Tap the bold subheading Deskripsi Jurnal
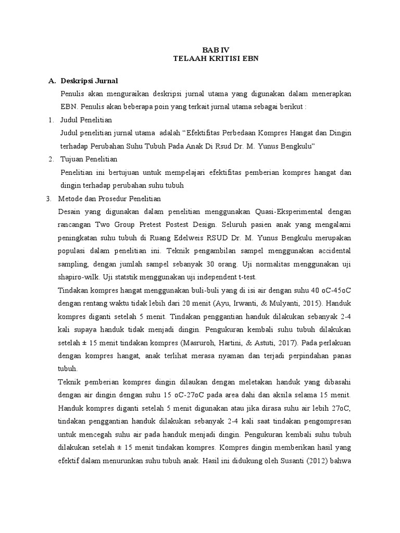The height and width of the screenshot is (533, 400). click(x=89, y=81)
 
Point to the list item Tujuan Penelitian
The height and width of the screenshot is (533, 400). click(x=89, y=159)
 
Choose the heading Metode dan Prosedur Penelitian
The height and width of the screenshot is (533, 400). click(x=111, y=198)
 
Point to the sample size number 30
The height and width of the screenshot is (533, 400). click(x=212, y=264)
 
